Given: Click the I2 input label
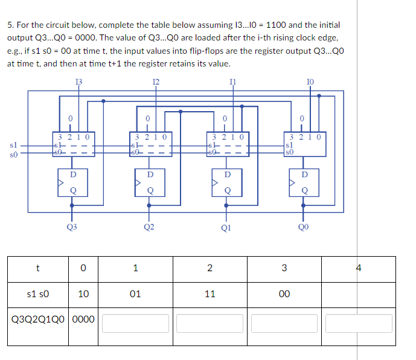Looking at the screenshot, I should pos(156,81).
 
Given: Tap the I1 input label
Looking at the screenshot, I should pos(233,81).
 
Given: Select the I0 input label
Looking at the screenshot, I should pos(310,81).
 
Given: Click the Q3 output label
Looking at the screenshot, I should pos(72,227).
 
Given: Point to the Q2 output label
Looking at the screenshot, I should pos(149,227).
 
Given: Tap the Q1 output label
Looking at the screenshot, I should pos(225,228).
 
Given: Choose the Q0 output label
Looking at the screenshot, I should pos(302,227).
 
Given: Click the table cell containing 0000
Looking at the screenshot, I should pos(84,318).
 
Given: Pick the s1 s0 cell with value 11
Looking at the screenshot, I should pos(210,294).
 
